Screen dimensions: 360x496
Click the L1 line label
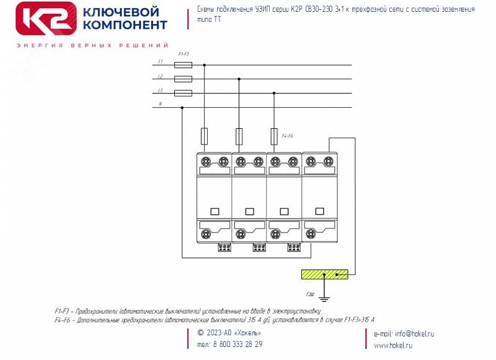[x=161, y=61]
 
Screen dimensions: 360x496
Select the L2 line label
[x=161, y=76]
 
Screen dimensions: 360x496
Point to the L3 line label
[x=161, y=91]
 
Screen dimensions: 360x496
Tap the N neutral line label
[x=161, y=104]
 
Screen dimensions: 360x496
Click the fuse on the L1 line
[x=184, y=64]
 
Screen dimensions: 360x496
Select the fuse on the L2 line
[x=184, y=79]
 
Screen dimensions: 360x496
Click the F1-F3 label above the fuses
[x=184, y=55]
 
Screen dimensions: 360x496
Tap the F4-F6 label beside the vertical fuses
[x=287, y=135]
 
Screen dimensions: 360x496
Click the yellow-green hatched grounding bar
[x=324, y=274]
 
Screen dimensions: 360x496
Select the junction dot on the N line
[x=182, y=108]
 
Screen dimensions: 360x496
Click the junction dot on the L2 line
[x=239, y=79]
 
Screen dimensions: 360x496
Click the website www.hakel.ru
[x=393, y=345]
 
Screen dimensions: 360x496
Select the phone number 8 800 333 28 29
[x=229, y=345]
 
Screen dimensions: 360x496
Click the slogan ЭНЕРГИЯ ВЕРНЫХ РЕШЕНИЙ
[x=92, y=46]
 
